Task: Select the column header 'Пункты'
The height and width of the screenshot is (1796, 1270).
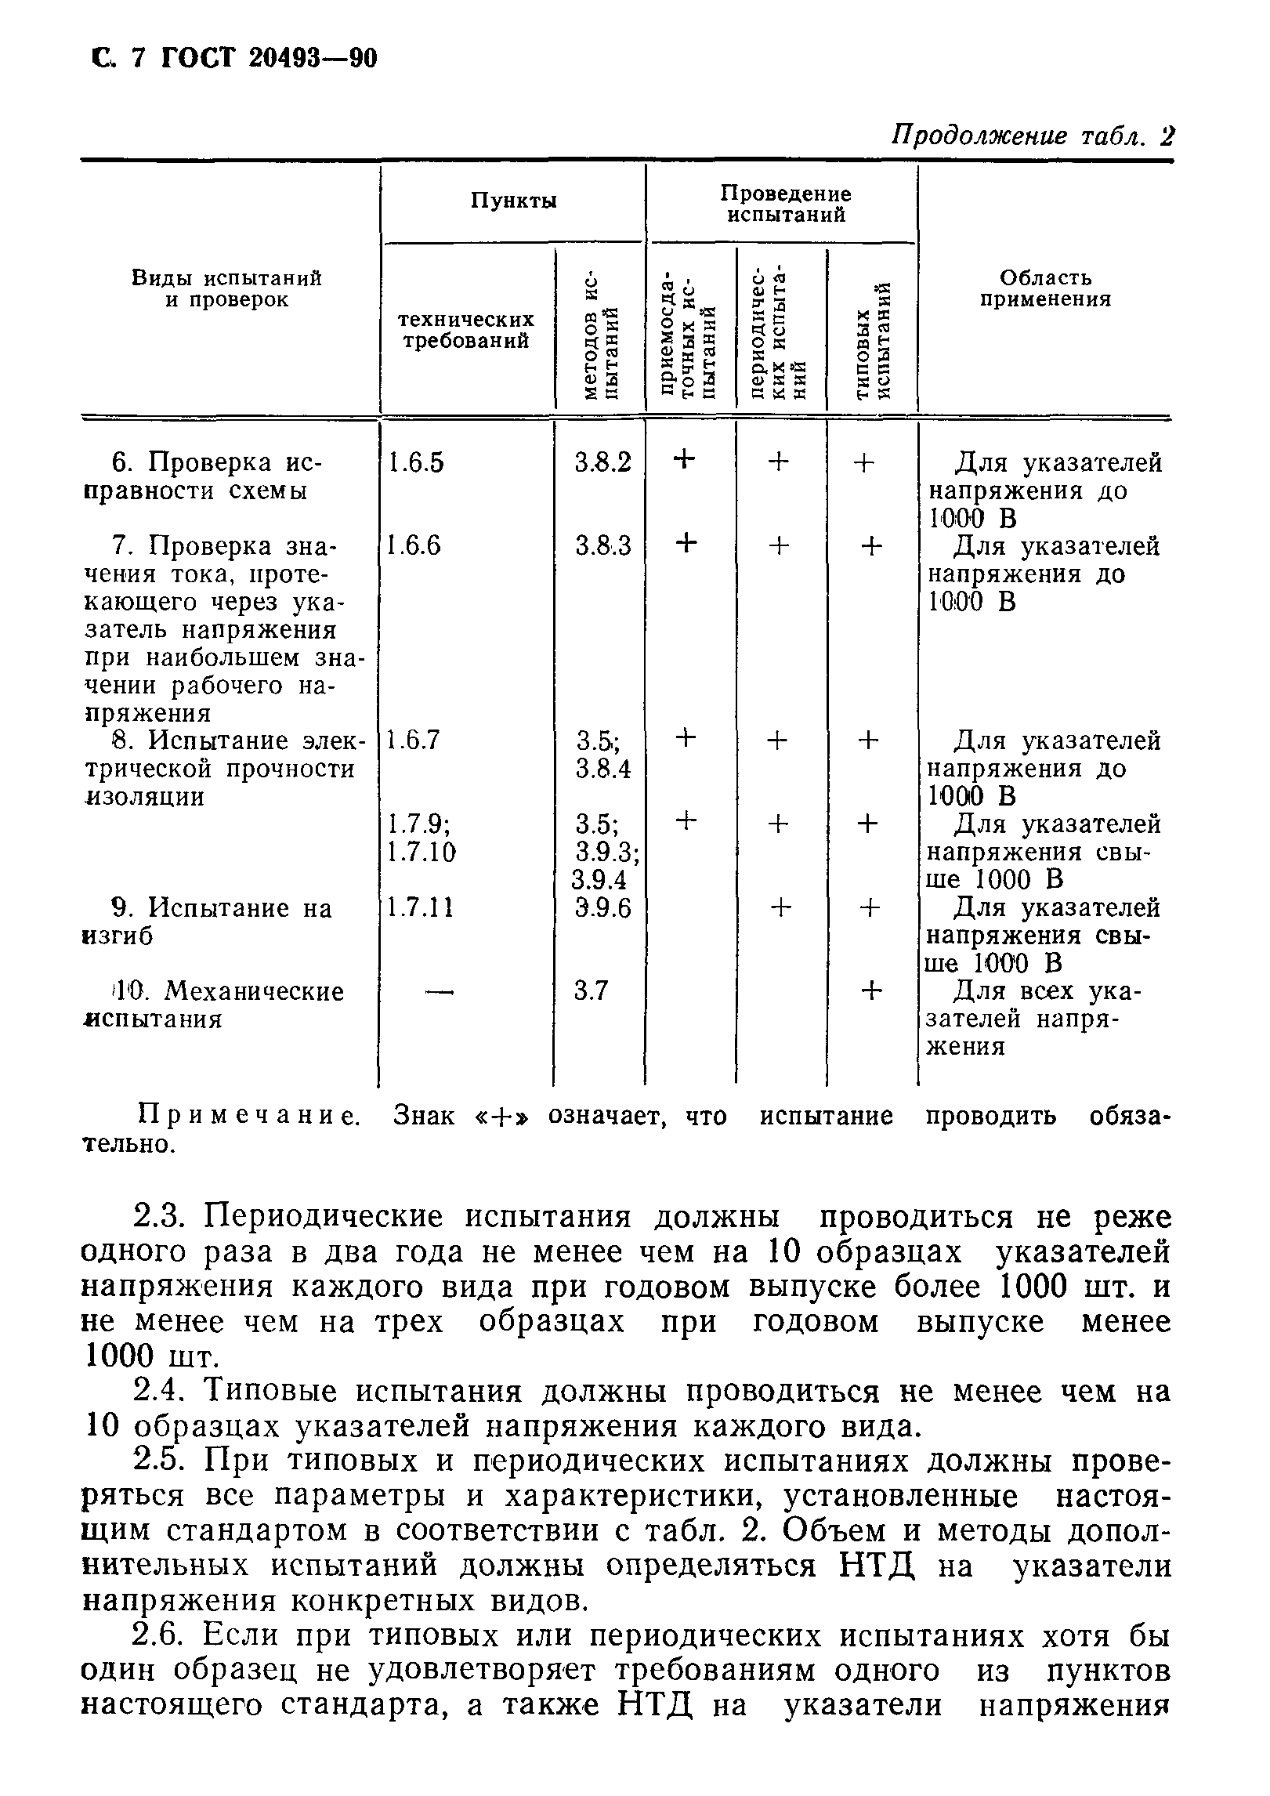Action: (x=513, y=201)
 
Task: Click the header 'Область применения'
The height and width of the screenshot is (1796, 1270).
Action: (x=1045, y=289)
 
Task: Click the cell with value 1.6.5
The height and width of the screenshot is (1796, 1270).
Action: (x=416, y=463)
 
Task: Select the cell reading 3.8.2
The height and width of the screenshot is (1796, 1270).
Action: (x=602, y=463)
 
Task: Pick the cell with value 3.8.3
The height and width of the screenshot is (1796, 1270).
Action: (x=602, y=546)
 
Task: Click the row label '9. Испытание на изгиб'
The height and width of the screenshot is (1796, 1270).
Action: (x=208, y=922)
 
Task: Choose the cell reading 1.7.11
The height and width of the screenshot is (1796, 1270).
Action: (x=421, y=908)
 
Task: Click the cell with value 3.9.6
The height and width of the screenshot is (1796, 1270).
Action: (x=602, y=908)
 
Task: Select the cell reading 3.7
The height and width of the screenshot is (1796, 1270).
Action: (x=591, y=992)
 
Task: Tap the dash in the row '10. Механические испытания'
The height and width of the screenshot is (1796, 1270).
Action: (x=439, y=992)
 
